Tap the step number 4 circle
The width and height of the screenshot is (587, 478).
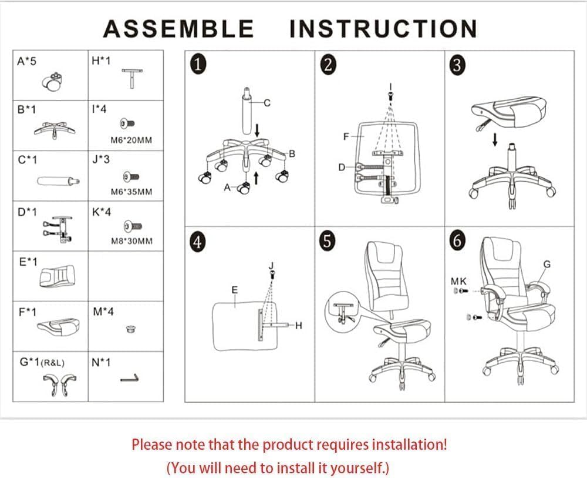tap(198, 242)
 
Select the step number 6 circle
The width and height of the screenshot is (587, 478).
tap(458, 241)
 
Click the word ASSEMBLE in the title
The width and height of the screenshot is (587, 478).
tap(178, 28)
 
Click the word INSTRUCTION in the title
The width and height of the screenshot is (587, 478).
tap(383, 28)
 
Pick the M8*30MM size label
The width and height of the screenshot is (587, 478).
tap(131, 241)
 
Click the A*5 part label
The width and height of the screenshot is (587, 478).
tap(27, 61)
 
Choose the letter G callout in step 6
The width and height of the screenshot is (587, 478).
tap(546, 264)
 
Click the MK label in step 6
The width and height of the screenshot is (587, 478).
tap(458, 282)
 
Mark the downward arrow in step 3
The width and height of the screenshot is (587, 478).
tap(495, 139)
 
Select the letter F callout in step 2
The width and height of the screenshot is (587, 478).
tap(346, 136)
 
